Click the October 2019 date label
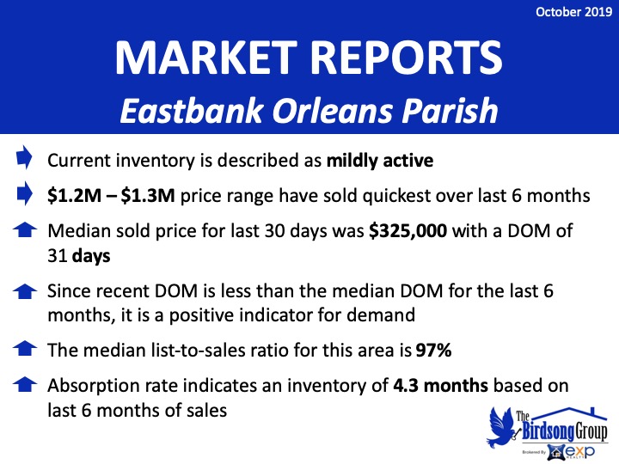573,12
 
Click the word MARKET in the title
206,58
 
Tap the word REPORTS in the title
407,58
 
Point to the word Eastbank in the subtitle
192,111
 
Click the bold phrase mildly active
380,161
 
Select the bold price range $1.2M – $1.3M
111,196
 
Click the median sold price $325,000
408,231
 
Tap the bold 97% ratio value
433,350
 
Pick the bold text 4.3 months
440,386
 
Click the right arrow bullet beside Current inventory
24,157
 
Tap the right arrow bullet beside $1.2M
24,193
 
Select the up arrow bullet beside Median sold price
25,230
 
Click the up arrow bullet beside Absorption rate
25,385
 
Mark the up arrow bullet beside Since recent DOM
25,291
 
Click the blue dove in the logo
501,427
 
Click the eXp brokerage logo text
580,451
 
